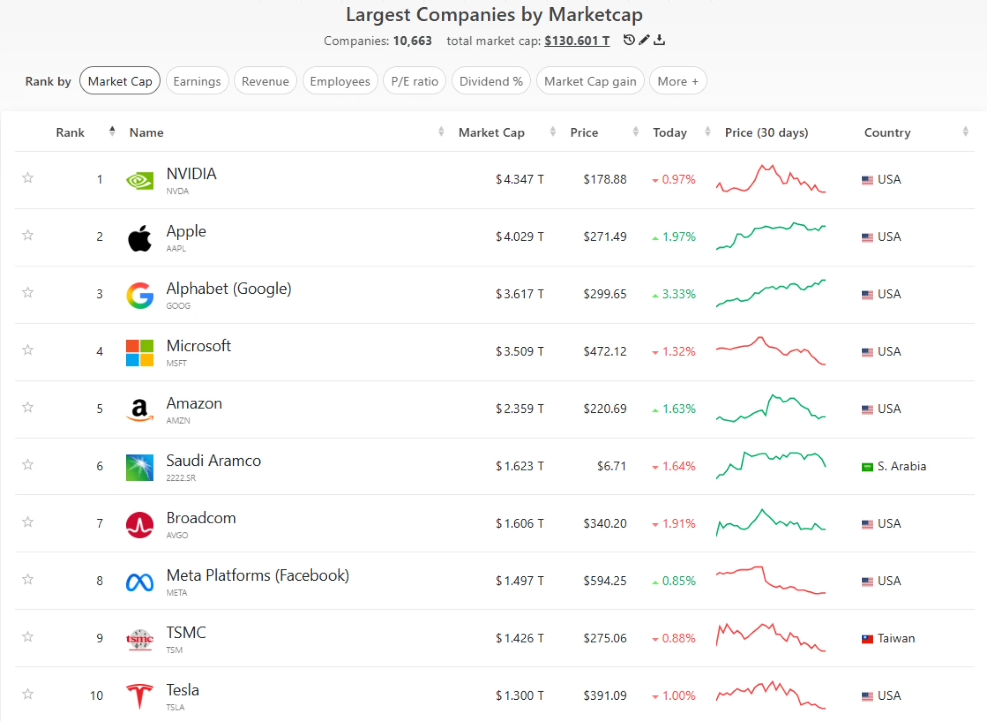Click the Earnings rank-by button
point(197,81)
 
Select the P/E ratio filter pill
point(414,81)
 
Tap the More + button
point(677,81)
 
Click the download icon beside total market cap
point(659,40)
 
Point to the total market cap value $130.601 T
point(576,41)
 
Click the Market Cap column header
point(491,133)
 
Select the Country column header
point(887,133)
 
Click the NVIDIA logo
point(140,180)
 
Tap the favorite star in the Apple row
point(28,235)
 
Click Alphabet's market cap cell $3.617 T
point(520,294)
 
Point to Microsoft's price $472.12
point(604,352)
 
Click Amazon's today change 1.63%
point(678,409)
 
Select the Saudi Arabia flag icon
point(867,467)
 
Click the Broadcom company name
point(201,518)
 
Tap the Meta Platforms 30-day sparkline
point(771,580)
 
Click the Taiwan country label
point(895,639)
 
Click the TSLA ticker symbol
point(175,707)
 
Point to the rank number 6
point(100,466)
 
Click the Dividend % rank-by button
point(491,81)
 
